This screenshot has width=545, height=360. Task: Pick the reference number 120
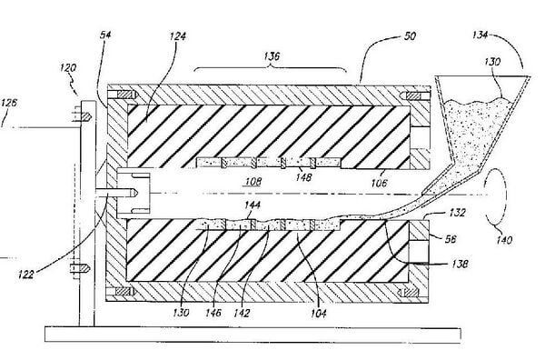[68, 67]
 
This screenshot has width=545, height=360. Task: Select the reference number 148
[303, 177]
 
